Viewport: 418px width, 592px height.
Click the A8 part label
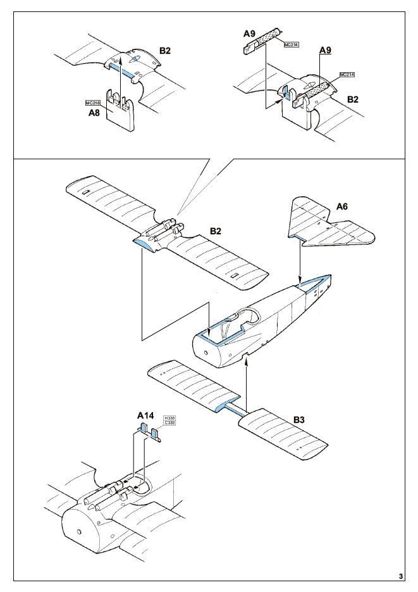[94, 113]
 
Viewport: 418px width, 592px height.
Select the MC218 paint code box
[93, 103]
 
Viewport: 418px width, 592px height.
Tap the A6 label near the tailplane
[342, 206]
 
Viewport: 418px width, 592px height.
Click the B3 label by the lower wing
[299, 419]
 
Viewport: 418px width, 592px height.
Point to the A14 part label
[145, 416]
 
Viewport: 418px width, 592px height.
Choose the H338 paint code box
[169, 419]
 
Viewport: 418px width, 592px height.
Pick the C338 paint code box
[169, 423]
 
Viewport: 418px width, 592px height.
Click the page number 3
[401, 577]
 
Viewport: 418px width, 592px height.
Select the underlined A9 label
[325, 50]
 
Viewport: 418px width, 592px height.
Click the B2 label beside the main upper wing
[215, 231]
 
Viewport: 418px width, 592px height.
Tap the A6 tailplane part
[331, 224]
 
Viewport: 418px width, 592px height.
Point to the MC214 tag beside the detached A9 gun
[292, 45]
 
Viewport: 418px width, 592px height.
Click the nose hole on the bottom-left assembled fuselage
[79, 532]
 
